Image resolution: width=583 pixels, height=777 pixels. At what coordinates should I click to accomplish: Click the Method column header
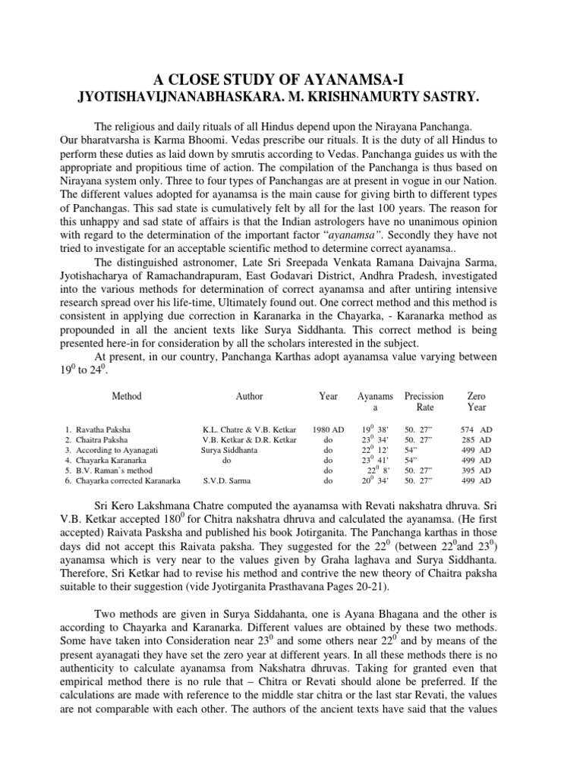click(x=127, y=396)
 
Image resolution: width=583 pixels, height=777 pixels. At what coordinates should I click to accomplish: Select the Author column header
click(x=249, y=396)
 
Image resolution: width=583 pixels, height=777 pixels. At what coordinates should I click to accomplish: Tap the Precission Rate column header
click(x=424, y=401)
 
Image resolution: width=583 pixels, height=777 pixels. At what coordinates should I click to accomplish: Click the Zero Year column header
click(x=476, y=401)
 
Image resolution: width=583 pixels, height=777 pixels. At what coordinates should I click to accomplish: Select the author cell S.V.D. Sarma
click(x=231, y=480)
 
